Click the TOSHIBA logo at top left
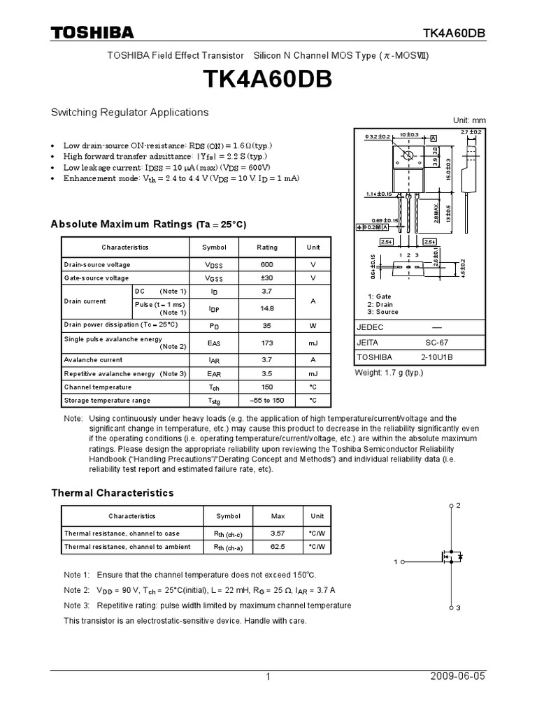coord(92,33)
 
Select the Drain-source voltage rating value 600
coord(267,265)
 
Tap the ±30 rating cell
coord(267,278)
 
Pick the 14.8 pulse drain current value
coord(267,308)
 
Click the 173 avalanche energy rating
coord(267,343)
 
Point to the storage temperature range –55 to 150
coord(267,400)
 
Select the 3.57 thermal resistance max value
coord(278,534)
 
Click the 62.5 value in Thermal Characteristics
coord(278,547)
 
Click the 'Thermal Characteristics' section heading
coord(113,493)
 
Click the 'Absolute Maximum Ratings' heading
coord(149,224)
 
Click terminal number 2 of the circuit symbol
coord(458,504)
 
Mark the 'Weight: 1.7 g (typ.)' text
coord(389,373)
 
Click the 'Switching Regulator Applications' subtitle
coord(130,112)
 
